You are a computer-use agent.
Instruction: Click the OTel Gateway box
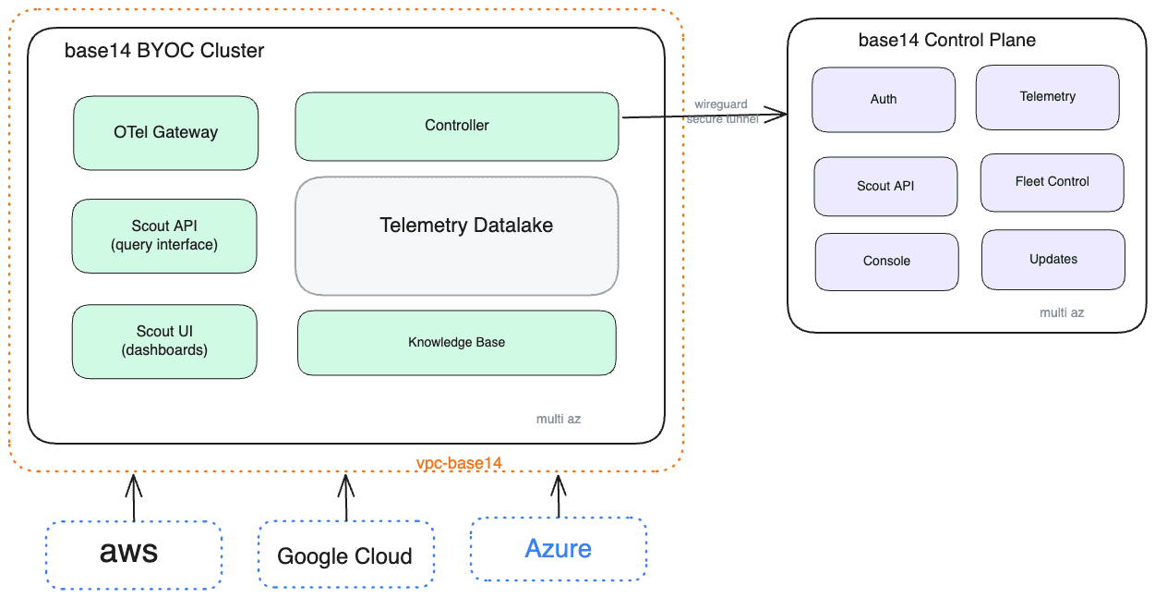(x=166, y=133)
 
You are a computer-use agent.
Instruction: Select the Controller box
(x=457, y=126)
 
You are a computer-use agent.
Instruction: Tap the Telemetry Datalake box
(x=457, y=235)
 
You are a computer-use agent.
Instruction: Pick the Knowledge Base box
(x=457, y=343)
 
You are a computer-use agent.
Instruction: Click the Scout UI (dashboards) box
(x=164, y=341)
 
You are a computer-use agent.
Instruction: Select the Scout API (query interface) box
(x=164, y=236)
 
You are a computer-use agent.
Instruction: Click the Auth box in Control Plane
(x=884, y=99)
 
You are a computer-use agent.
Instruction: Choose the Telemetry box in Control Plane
(x=1048, y=96)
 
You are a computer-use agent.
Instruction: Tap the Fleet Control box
(x=1053, y=182)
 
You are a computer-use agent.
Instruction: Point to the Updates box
(x=1053, y=260)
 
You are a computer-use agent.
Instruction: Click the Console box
(x=887, y=262)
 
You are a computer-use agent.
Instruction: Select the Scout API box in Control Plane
(x=886, y=186)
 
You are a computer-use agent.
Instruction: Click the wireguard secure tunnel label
(x=722, y=112)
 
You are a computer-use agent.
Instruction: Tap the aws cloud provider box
(x=134, y=555)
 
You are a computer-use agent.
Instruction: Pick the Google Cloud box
(x=345, y=555)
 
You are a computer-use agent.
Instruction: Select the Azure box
(x=559, y=549)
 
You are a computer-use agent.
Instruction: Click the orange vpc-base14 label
(x=459, y=462)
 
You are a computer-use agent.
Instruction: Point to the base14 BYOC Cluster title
(x=164, y=51)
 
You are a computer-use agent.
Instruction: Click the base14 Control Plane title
(x=947, y=41)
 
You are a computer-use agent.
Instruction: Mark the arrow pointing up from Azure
(x=559, y=496)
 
